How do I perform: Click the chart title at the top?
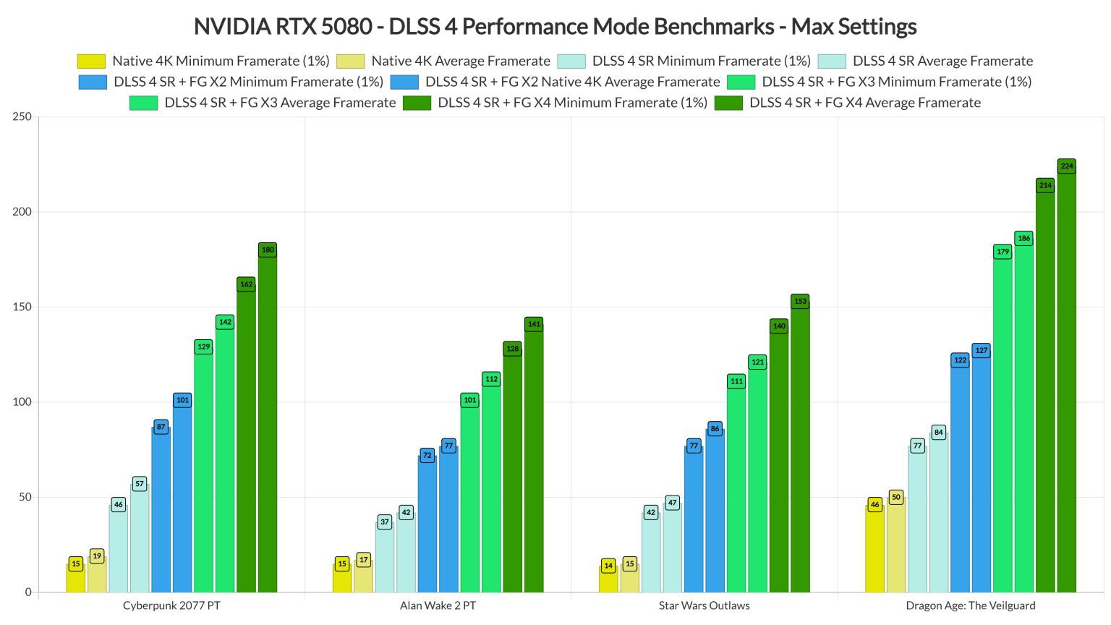[555, 27]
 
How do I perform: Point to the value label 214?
[1045, 185]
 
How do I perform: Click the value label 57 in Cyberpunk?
[140, 484]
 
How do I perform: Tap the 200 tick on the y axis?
[22, 212]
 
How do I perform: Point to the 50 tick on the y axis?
[25, 497]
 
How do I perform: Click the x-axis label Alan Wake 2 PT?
[438, 605]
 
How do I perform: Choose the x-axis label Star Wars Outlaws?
[704, 605]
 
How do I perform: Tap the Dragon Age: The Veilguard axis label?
[970, 605]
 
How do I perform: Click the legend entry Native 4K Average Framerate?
[460, 61]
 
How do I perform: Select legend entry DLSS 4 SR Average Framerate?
[942, 61]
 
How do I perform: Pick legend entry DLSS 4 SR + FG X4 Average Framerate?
[864, 103]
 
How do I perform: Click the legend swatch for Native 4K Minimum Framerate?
[91, 61]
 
